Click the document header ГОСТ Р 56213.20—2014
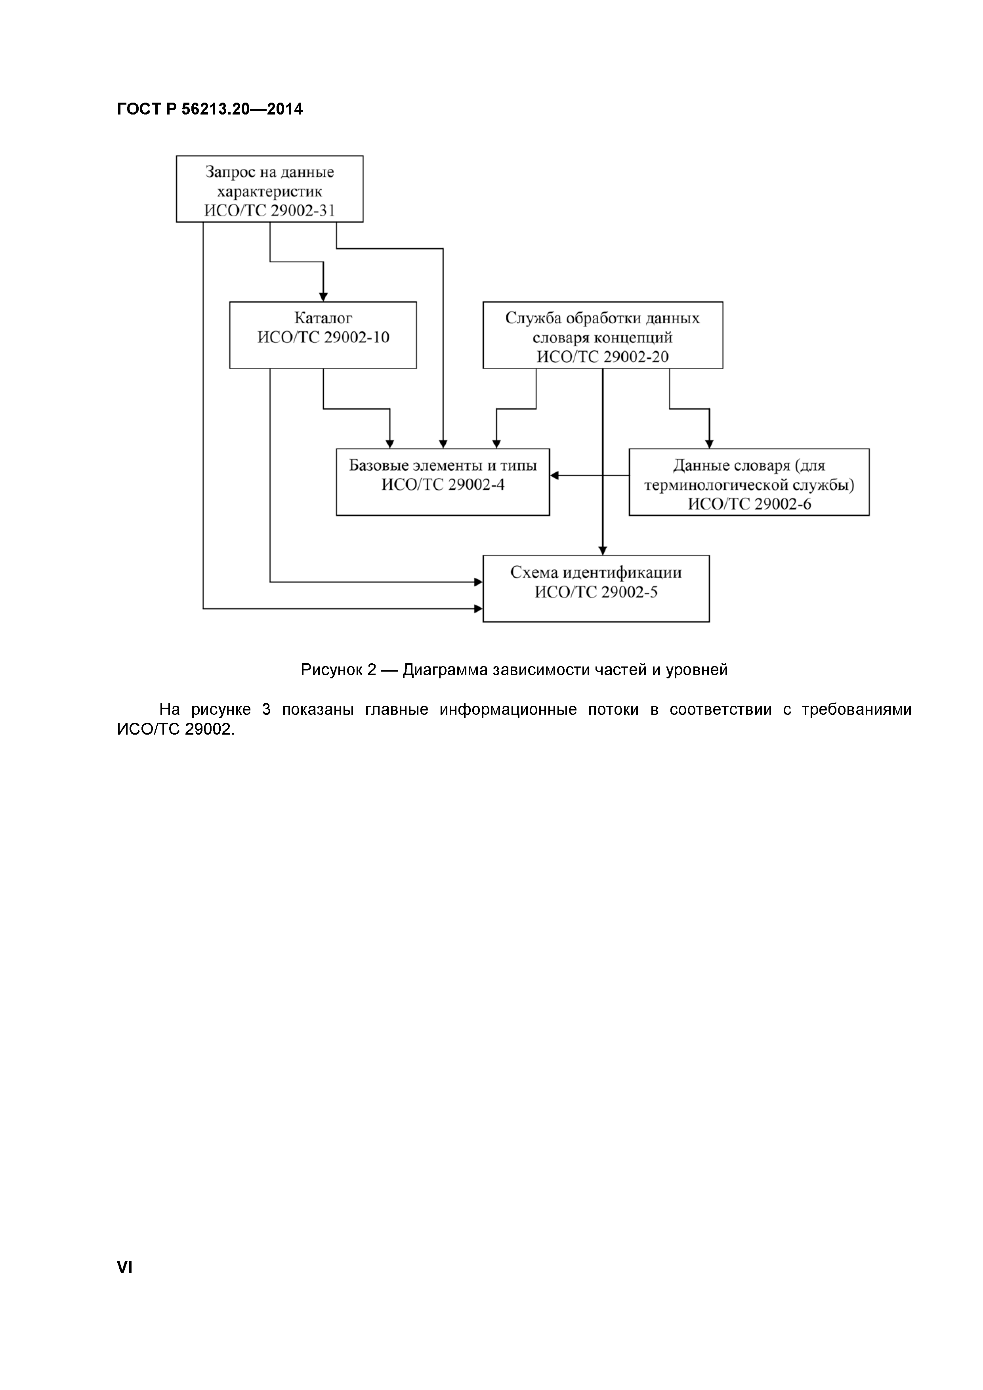click(x=210, y=109)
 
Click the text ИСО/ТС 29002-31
click(x=269, y=211)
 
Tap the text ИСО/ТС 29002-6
click(x=749, y=504)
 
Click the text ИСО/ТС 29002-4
click(x=443, y=484)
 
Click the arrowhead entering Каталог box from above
click(x=323, y=297)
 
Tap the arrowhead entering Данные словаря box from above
click(x=709, y=444)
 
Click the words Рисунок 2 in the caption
click(x=338, y=670)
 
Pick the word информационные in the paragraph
click(x=508, y=710)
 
